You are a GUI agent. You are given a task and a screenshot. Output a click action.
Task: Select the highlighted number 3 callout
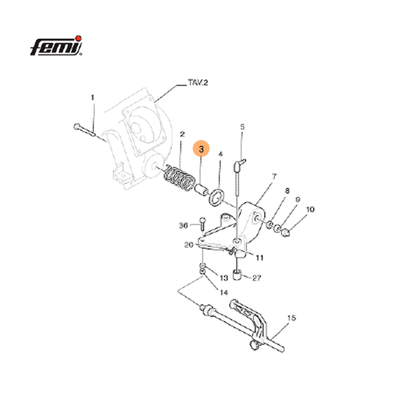click(x=202, y=149)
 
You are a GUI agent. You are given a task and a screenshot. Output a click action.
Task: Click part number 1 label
click(x=92, y=97)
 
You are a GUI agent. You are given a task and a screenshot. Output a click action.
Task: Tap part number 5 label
click(x=242, y=127)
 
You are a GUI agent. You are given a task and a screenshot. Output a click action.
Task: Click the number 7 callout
click(x=274, y=177)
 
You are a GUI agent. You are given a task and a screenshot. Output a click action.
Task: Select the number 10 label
click(x=311, y=209)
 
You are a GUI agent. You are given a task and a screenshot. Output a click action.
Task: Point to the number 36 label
click(x=184, y=226)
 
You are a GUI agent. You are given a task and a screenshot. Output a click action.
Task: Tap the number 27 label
click(x=257, y=277)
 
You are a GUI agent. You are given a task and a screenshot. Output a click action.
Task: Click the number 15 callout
click(x=292, y=318)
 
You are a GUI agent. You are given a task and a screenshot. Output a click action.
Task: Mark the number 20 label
click(x=188, y=245)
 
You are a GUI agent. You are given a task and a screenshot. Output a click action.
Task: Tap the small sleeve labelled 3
click(x=201, y=191)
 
